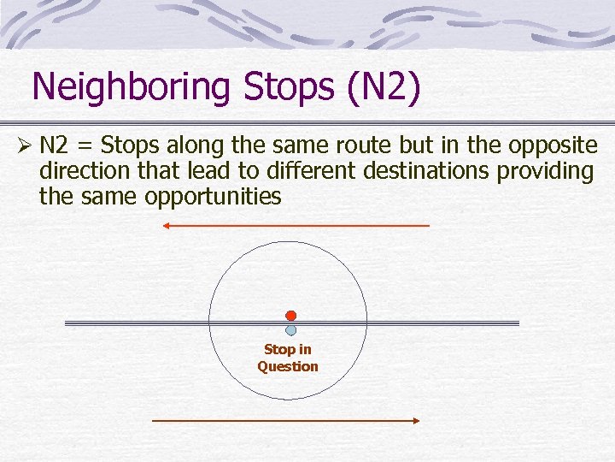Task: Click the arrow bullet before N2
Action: pyautogui.click(x=26, y=146)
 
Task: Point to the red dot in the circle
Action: pyautogui.click(x=290, y=316)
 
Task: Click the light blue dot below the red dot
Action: pyautogui.click(x=290, y=329)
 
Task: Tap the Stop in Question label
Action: pyautogui.click(x=288, y=358)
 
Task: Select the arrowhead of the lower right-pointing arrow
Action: pyautogui.click(x=416, y=421)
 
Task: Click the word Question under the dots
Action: pyautogui.click(x=288, y=366)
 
